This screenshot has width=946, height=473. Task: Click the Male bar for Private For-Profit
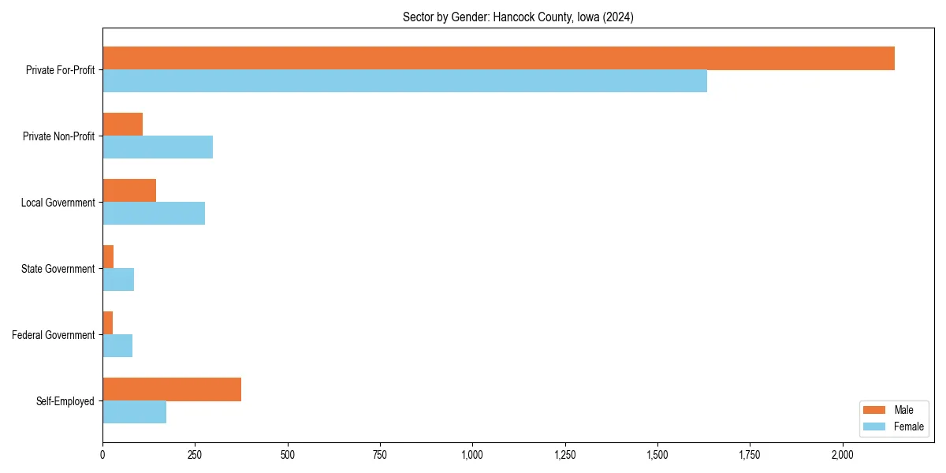pyautogui.click(x=498, y=58)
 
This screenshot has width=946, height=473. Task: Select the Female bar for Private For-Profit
pyautogui.click(x=404, y=81)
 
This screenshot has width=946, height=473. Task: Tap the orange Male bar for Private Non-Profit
pyautogui.click(x=122, y=125)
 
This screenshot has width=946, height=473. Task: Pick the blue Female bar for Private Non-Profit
pyautogui.click(x=158, y=147)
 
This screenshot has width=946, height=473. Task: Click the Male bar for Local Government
pyautogui.click(x=129, y=191)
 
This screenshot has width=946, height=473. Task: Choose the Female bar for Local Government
pyautogui.click(x=154, y=214)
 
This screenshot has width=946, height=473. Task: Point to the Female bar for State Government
pyautogui.click(x=118, y=280)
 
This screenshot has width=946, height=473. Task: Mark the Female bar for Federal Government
pyautogui.click(x=117, y=346)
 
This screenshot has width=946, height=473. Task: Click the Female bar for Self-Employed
pyautogui.click(x=134, y=412)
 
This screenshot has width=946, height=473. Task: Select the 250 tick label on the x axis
pyautogui.click(x=195, y=455)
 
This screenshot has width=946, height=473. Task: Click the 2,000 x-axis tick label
pyautogui.click(x=842, y=455)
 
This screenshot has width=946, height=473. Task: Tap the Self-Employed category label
pyautogui.click(x=65, y=401)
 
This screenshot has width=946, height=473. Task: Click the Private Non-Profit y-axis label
pyautogui.click(x=59, y=136)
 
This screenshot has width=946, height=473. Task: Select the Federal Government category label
pyautogui.click(x=54, y=335)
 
